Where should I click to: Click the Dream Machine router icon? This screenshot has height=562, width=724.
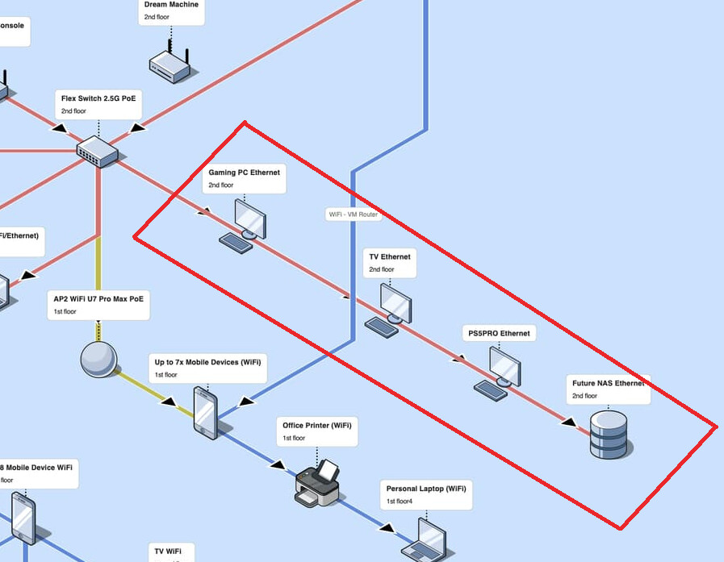[169, 64]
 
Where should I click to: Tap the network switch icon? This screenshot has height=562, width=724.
[98, 150]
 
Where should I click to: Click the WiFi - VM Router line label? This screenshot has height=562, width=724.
[353, 214]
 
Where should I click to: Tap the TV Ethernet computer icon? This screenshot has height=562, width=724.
[394, 304]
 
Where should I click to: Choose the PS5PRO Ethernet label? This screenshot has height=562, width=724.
[499, 333]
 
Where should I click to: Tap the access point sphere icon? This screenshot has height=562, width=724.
[98, 360]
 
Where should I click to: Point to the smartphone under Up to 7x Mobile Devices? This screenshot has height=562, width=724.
[206, 412]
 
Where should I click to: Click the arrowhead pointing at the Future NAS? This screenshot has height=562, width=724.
[569, 421]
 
